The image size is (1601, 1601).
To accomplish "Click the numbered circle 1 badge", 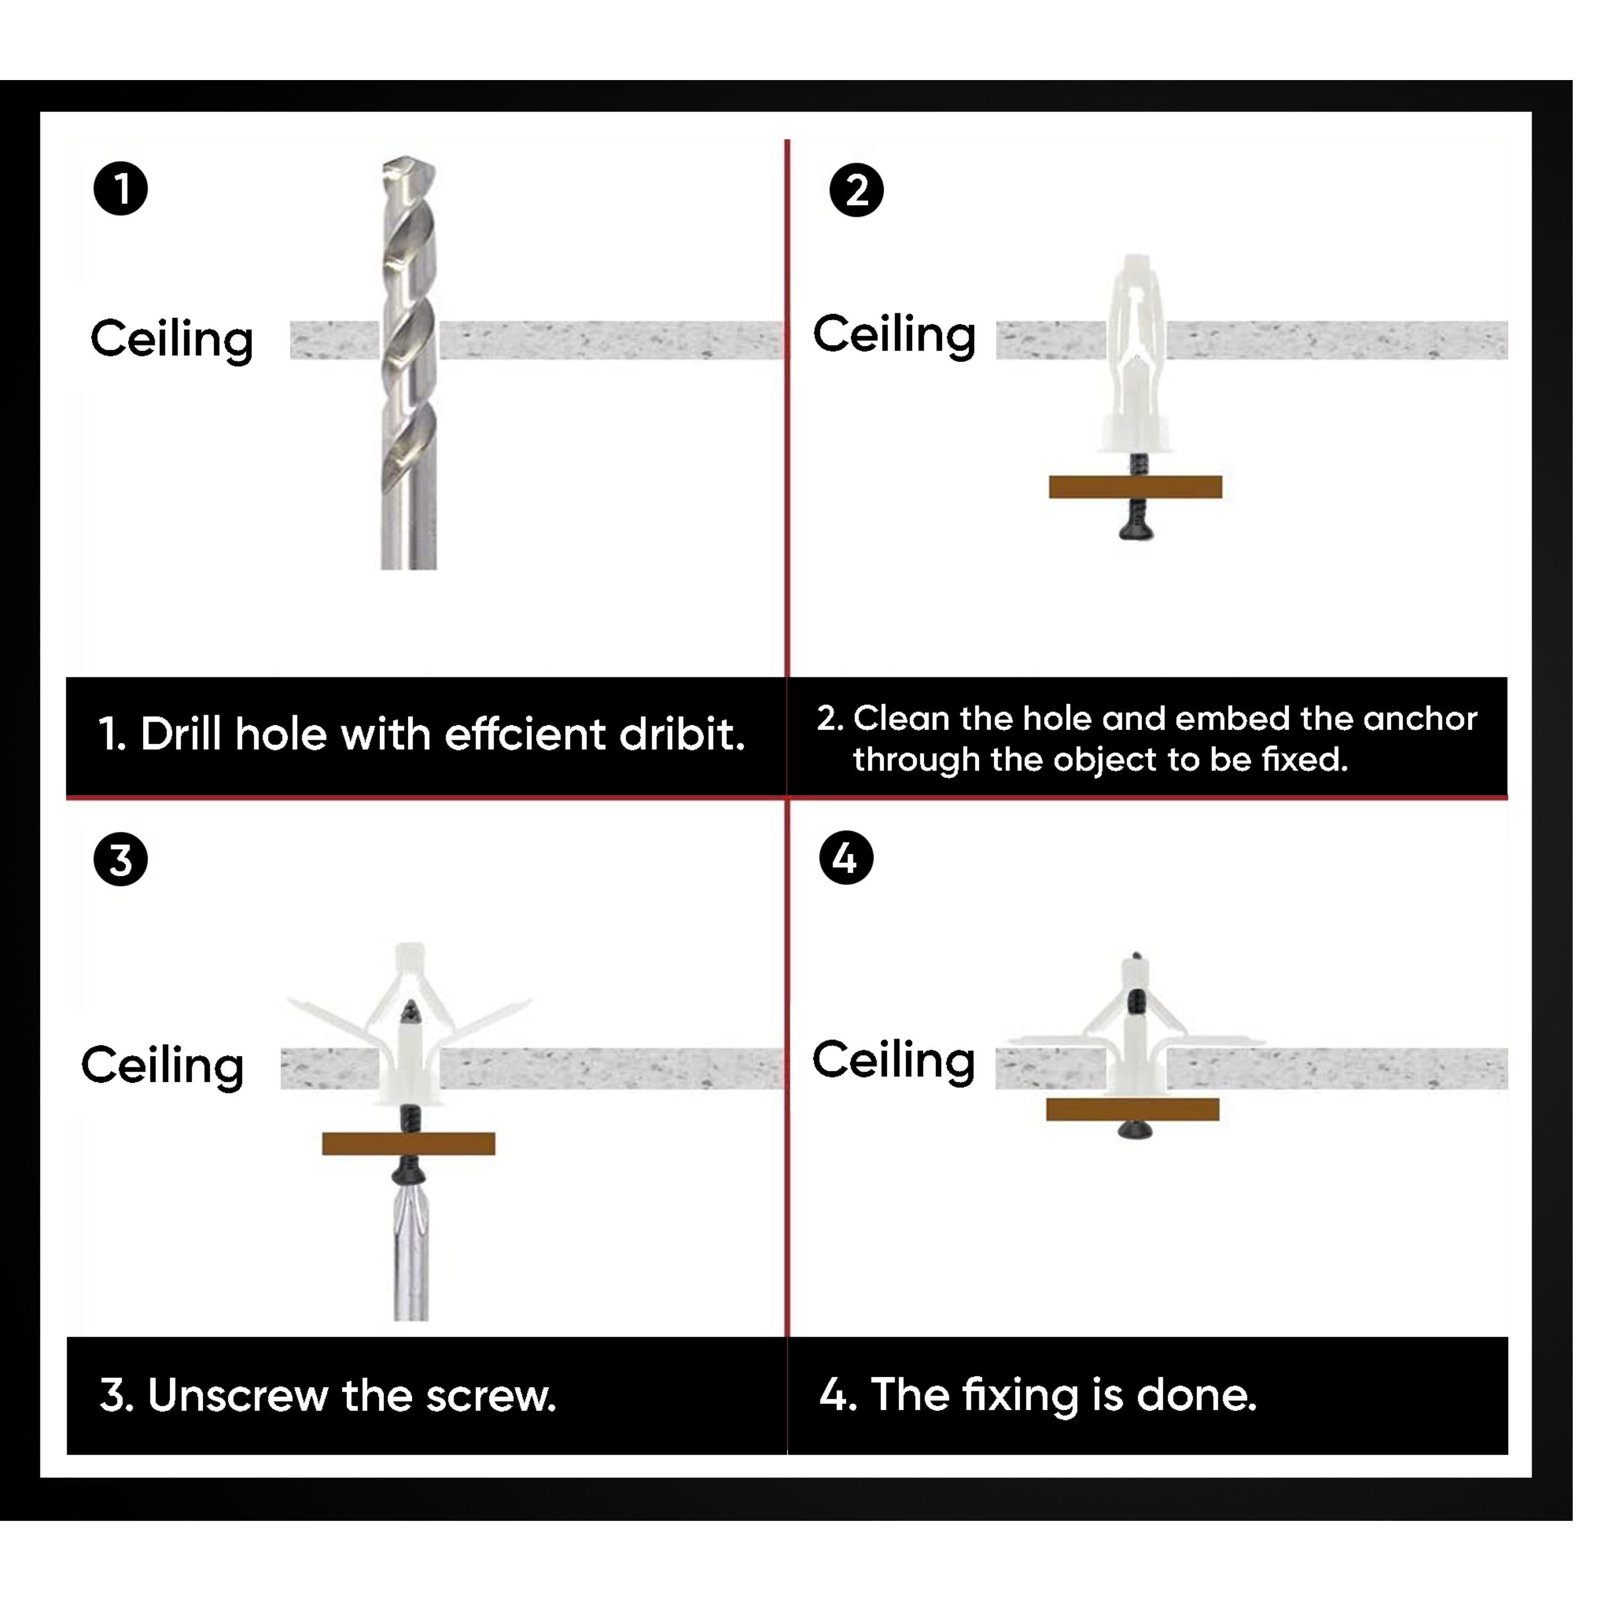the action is tap(121, 189).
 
